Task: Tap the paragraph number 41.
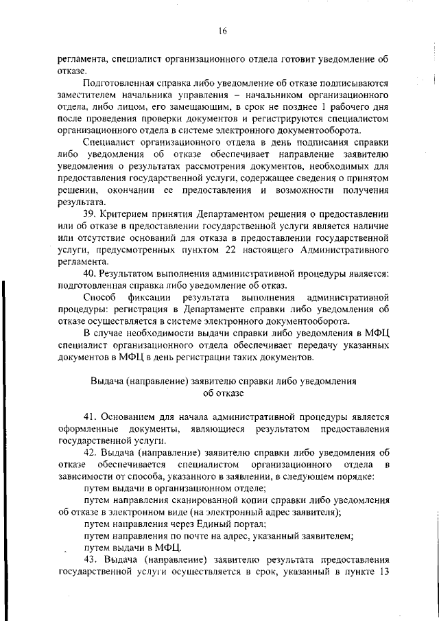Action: click(90, 417)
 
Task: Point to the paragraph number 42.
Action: click(90, 452)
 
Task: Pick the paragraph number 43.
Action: click(90, 559)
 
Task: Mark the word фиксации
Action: click(150, 298)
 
